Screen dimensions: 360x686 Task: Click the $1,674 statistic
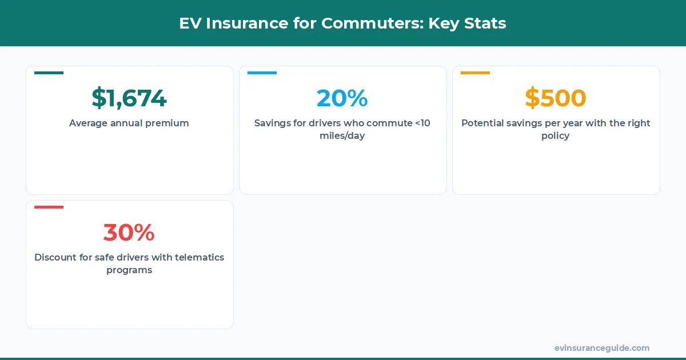point(129,98)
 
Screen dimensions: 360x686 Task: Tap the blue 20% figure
point(342,98)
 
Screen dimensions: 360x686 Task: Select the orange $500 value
point(556,98)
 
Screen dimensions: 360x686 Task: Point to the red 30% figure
point(129,233)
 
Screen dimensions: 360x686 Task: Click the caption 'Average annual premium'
point(129,123)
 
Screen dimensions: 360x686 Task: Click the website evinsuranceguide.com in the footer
point(601,348)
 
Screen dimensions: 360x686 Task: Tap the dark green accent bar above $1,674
point(49,73)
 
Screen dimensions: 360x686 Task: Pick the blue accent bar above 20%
point(262,73)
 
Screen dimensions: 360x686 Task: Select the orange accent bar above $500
point(475,73)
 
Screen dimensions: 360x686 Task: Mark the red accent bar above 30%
point(49,207)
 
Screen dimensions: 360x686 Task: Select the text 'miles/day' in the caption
point(342,136)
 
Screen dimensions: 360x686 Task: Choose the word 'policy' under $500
point(556,136)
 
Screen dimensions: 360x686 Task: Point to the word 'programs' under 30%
point(129,270)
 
